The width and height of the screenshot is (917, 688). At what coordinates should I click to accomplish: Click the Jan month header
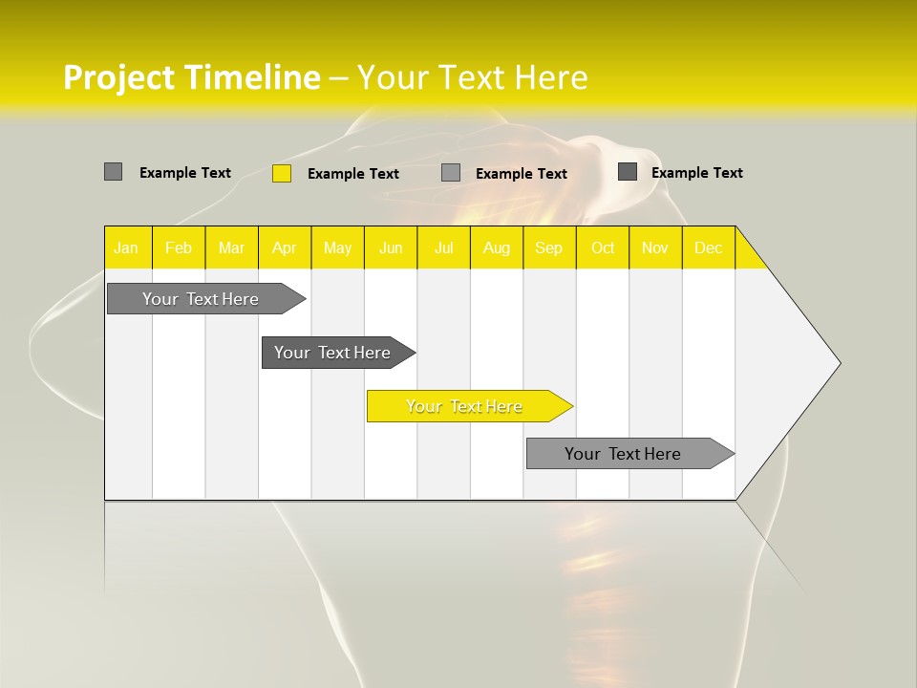click(x=126, y=247)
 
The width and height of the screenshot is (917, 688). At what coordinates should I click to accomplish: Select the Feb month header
click(x=179, y=247)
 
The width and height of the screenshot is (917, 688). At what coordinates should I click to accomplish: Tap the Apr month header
click(x=285, y=247)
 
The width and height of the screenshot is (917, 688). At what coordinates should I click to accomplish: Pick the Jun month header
click(x=391, y=247)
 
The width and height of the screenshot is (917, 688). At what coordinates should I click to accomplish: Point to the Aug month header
click(x=497, y=247)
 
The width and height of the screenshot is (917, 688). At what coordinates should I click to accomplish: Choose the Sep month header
click(x=549, y=247)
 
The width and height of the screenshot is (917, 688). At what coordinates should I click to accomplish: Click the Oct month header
click(x=603, y=247)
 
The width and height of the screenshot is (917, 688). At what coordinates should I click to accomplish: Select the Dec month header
click(x=709, y=247)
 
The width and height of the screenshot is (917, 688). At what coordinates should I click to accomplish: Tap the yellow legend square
click(x=282, y=173)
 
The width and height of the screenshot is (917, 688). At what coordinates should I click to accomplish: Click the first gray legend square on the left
click(x=113, y=172)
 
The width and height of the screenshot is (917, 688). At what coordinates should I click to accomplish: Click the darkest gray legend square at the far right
click(x=628, y=171)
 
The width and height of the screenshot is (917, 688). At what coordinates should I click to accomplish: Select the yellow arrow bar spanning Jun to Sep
click(x=465, y=406)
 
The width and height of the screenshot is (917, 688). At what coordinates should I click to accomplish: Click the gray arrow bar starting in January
click(x=202, y=299)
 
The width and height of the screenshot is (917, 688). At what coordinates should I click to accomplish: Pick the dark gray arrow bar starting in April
click(x=333, y=353)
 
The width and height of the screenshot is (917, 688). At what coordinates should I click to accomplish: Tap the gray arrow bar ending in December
click(x=624, y=454)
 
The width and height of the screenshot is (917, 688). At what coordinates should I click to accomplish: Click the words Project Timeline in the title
click(x=191, y=77)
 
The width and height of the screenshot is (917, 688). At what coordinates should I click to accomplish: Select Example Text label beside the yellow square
click(x=353, y=174)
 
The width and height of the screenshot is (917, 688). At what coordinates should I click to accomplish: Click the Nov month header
click(x=655, y=247)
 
